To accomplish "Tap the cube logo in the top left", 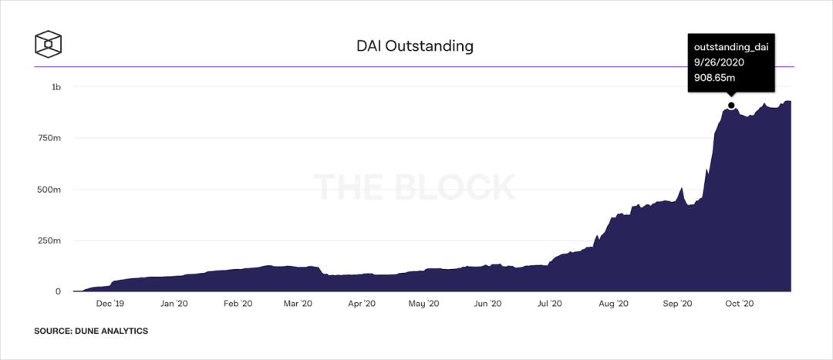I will pyautogui.click(x=48, y=43).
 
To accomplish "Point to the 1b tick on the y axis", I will pyautogui.click(x=56, y=87).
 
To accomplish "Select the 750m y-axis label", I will pyautogui.click(x=50, y=138).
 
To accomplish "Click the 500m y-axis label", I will pyautogui.click(x=50, y=190).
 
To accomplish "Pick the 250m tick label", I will pyautogui.click(x=50, y=241).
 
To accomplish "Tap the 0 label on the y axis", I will pyautogui.click(x=58, y=291).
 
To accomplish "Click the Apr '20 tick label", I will pyautogui.click(x=360, y=304).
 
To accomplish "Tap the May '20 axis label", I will pyautogui.click(x=422, y=304).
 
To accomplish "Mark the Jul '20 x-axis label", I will pyautogui.click(x=548, y=304).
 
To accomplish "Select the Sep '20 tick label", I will pyautogui.click(x=676, y=304).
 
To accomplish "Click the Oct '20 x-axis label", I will pyautogui.click(x=738, y=304).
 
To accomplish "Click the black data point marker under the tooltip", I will pyautogui.click(x=731, y=106).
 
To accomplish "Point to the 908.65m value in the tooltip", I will pyautogui.click(x=714, y=79).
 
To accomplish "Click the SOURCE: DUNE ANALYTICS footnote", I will pyautogui.click(x=91, y=331).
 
